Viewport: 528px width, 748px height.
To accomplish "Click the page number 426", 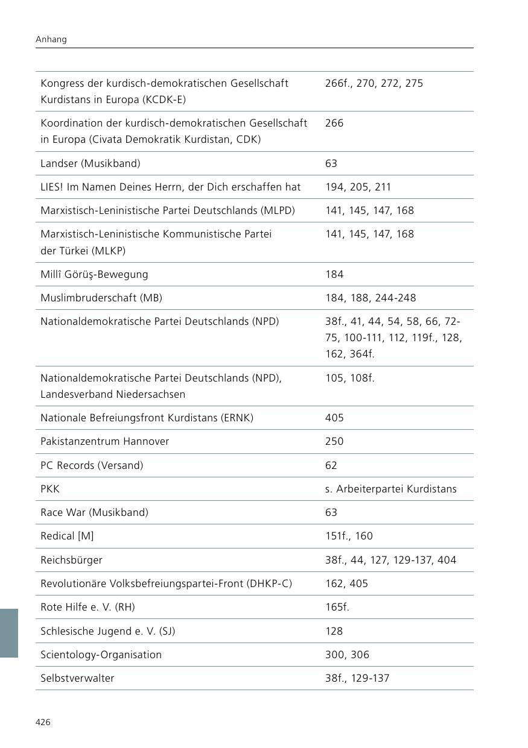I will [42, 722].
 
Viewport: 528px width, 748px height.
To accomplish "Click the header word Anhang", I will [51, 39].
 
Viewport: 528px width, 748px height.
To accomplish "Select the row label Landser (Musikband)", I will [90, 163].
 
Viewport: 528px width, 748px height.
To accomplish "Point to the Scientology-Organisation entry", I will [101, 655].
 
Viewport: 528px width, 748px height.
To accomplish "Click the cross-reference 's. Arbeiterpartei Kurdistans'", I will [390, 489].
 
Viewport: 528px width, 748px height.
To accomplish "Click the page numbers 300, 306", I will [347, 655].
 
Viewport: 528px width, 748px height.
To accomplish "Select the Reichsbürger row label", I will [71, 560].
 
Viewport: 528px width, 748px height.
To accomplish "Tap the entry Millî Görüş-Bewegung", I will [94, 274].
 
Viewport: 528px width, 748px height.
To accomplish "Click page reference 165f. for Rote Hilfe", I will [337, 607].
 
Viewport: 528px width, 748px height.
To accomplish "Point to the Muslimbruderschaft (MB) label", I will [101, 298].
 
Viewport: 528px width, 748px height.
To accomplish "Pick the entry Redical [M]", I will [67, 536].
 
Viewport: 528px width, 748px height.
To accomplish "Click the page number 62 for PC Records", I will [331, 465].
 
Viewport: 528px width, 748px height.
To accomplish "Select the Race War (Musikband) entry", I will [94, 512].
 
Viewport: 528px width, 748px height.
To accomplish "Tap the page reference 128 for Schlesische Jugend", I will [334, 631].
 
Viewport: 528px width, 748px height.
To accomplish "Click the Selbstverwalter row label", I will [77, 678].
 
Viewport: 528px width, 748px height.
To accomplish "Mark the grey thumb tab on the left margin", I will [9, 633].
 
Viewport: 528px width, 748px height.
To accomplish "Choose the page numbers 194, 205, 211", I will [358, 187].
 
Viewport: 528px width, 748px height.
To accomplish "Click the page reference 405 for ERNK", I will [334, 418].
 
